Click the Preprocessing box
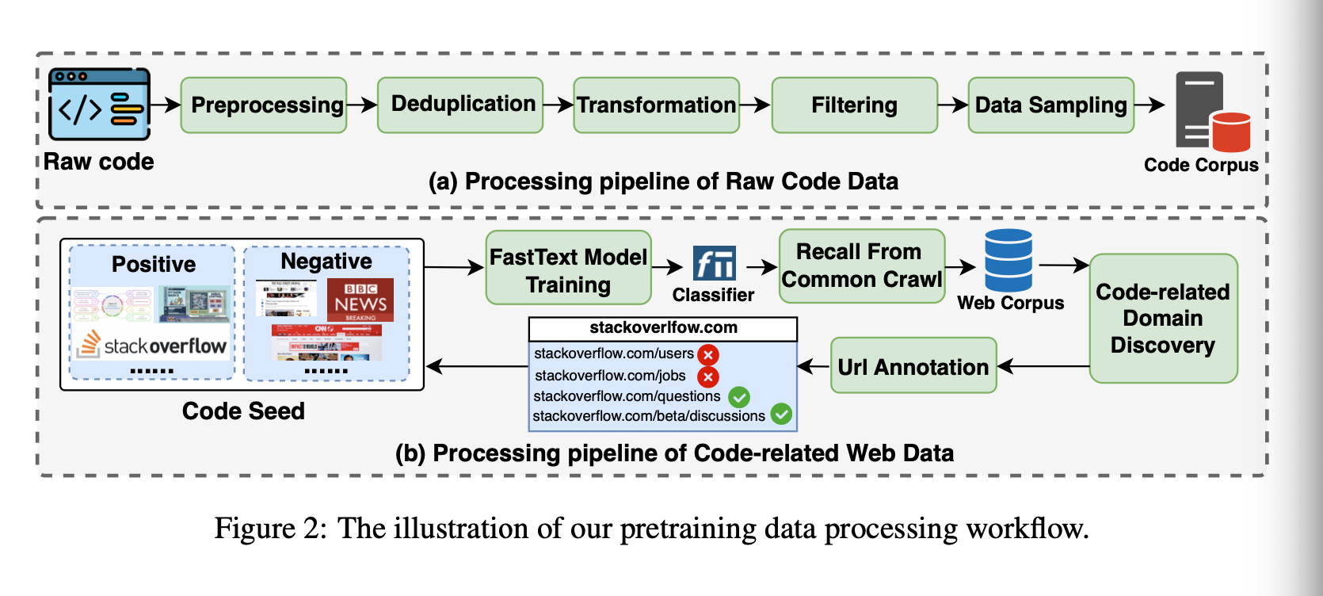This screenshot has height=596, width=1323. tap(264, 105)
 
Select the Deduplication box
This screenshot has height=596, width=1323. tap(460, 105)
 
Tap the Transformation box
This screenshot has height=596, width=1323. tap(657, 105)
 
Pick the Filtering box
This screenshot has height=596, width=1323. tap(854, 105)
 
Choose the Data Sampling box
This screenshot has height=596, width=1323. tap(1050, 105)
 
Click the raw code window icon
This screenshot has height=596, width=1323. tap(99, 104)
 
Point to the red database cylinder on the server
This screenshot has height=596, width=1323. tap(1230, 132)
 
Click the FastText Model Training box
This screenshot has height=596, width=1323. tap(568, 268)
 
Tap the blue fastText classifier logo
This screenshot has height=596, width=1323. tap(714, 263)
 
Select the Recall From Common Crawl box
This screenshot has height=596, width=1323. tap(862, 266)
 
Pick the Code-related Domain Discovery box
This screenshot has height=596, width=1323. tap(1163, 319)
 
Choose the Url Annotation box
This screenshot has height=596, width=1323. tap(913, 366)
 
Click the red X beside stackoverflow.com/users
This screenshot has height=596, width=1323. tap(707, 354)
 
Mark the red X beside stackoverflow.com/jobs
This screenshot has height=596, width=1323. tap(707, 376)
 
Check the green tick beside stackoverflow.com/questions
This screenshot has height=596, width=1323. tap(739, 396)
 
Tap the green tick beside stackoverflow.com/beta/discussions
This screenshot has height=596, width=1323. tap(781, 414)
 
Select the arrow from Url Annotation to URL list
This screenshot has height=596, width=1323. tap(814, 366)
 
